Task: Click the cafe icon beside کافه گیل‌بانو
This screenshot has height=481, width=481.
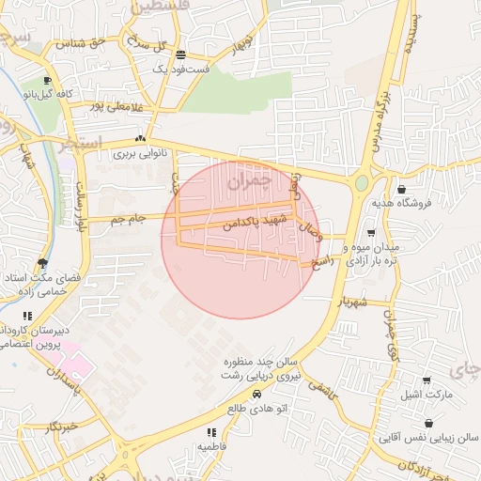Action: tap(48, 80)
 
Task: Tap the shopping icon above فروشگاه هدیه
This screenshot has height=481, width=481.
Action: tap(402, 188)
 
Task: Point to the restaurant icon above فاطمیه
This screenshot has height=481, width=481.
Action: tap(210, 432)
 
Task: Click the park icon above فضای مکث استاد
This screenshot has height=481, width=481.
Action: tap(41, 263)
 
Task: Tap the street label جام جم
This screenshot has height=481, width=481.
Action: tap(128, 219)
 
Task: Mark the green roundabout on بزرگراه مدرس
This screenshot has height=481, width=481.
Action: tap(362, 182)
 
